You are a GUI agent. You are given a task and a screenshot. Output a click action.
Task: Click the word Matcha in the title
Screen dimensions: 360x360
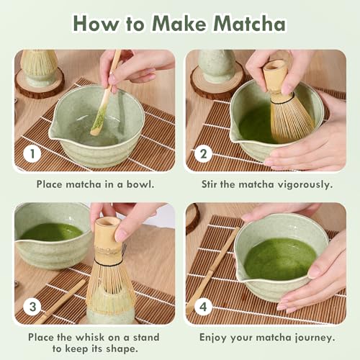(250, 24)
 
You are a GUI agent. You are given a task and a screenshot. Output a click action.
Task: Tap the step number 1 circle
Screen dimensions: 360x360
(32, 153)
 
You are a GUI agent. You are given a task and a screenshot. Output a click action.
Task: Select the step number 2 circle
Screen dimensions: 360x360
(203, 153)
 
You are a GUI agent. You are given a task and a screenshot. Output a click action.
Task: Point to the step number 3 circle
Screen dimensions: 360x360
(32, 307)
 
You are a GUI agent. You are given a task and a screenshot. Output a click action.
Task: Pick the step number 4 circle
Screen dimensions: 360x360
(203, 307)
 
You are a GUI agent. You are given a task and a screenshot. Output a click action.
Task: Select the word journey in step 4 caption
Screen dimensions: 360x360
(315, 338)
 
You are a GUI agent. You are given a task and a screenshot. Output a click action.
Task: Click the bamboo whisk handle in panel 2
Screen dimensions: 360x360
(276, 78)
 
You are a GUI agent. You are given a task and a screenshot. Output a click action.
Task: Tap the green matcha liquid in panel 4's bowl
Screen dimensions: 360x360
(280, 258)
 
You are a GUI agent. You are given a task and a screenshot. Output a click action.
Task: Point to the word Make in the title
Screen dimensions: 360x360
(179, 24)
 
